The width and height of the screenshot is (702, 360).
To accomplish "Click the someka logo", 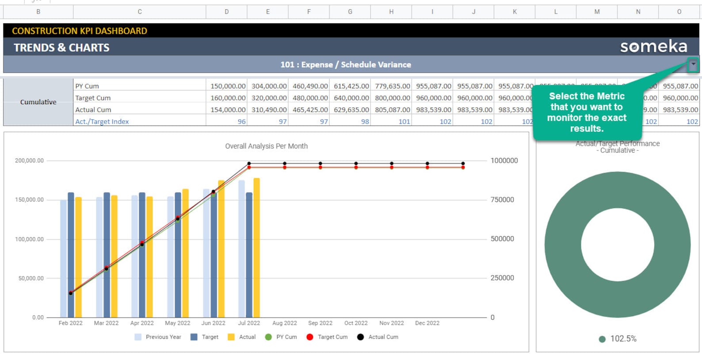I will pyautogui.click(x=653, y=46).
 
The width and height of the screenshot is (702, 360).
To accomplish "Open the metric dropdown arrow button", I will pyautogui.click(x=693, y=65).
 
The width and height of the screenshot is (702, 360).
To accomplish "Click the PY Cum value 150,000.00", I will pyautogui.click(x=227, y=86).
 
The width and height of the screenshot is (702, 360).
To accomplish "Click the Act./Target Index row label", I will pyautogui.click(x=102, y=122).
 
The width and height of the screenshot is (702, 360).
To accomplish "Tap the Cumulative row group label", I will pyautogui.click(x=38, y=102).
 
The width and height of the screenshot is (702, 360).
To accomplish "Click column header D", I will pyautogui.click(x=227, y=12).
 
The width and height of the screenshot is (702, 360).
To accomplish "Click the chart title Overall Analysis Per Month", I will pyautogui.click(x=266, y=146).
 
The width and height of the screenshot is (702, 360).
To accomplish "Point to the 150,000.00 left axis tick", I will pyautogui.click(x=29, y=200).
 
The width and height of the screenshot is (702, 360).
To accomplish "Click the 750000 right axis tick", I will pyautogui.click(x=502, y=200).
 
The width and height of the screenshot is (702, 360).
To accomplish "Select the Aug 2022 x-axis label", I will pyautogui.click(x=285, y=323).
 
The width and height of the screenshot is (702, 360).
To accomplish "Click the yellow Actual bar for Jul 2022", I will pyautogui.click(x=256, y=248).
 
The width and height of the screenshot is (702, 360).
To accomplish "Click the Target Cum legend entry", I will pyautogui.click(x=328, y=337).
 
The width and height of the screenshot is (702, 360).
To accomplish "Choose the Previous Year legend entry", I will pyautogui.click(x=158, y=337).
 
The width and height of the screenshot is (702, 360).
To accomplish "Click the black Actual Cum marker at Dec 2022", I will pyautogui.click(x=463, y=164).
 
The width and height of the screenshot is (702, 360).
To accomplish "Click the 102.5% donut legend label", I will pyautogui.click(x=623, y=339).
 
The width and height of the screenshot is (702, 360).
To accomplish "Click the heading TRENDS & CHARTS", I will pyautogui.click(x=61, y=48).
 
